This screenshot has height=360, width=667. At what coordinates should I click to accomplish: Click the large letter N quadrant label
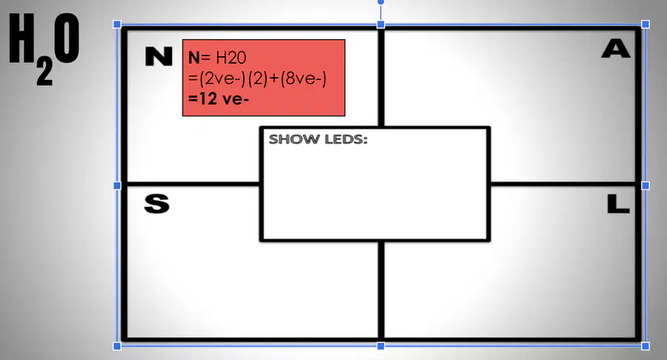(x=159, y=56)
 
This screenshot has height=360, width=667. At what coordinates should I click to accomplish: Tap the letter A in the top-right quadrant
(x=616, y=48)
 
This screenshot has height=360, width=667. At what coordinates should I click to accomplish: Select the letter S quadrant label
(x=156, y=204)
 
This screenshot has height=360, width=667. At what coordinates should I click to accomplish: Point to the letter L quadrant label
(x=618, y=204)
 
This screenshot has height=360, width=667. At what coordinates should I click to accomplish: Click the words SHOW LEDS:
(x=318, y=139)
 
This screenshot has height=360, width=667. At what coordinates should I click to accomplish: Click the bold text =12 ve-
(x=218, y=99)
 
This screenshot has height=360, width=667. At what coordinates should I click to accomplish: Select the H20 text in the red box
(x=231, y=58)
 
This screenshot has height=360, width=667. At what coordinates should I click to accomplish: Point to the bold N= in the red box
(x=199, y=58)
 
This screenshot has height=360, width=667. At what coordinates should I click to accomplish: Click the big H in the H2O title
(x=21, y=39)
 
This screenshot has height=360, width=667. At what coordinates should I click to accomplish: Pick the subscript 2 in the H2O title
(x=44, y=73)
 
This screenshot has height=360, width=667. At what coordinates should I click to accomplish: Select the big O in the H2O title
(x=67, y=39)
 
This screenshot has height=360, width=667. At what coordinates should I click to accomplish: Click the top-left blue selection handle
(x=117, y=24)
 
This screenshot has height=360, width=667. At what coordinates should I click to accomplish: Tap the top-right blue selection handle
(x=646, y=24)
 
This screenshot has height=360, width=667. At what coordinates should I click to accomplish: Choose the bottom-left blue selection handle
(x=117, y=346)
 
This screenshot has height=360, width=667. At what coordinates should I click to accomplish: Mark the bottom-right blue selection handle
(x=646, y=346)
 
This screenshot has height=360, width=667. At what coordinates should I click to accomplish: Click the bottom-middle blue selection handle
(x=381, y=346)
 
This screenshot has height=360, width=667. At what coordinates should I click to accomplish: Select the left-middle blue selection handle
(x=117, y=185)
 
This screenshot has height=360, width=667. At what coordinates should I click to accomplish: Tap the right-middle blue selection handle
(x=646, y=185)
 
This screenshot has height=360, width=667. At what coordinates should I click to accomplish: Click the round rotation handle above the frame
(x=381, y=2)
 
